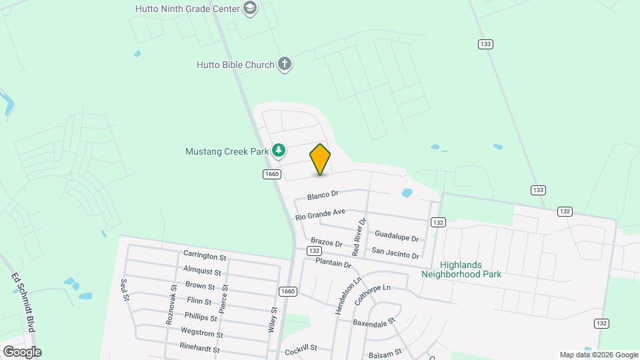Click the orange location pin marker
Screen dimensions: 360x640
coord(320,159)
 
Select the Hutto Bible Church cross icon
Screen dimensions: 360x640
coord(285,65)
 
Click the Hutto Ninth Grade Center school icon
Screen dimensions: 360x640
coord(250,9)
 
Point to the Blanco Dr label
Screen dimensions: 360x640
coord(323,195)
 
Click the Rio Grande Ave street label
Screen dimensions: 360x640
coord(320,214)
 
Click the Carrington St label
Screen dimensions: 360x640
coord(205,256)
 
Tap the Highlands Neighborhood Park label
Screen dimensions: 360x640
coord(461,269)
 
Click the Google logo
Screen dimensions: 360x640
coord(21,351)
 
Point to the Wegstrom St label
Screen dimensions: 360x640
coord(201,333)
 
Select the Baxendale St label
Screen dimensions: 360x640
coord(374,323)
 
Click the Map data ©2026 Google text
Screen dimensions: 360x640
coord(599,355)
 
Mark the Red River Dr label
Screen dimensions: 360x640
coord(359,237)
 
